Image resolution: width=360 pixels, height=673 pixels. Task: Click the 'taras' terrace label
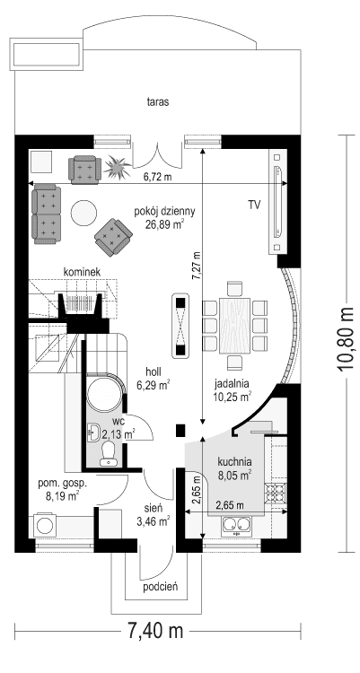pyautogui.click(x=159, y=102)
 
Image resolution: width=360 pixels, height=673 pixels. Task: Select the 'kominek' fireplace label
pyautogui.click(x=81, y=271)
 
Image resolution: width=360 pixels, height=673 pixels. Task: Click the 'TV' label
pyautogui.click(x=254, y=205)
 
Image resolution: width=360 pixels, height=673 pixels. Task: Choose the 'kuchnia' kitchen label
pyautogui.click(x=233, y=461)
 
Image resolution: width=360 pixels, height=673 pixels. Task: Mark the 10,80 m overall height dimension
pyautogui.click(x=346, y=341)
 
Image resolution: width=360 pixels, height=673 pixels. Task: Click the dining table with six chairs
pyautogui.click(x=235, y=324)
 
